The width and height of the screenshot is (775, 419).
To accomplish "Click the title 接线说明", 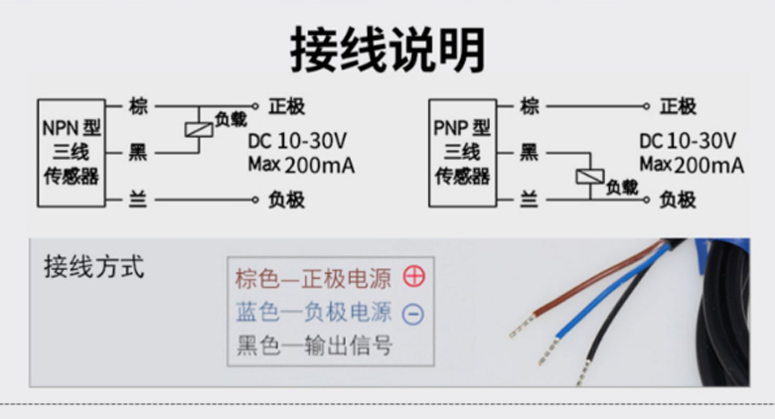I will (x=387, y=47).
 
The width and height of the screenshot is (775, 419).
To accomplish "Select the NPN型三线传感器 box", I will (x=71, y=152).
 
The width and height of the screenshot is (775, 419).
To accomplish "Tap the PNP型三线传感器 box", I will (x=462, y=152).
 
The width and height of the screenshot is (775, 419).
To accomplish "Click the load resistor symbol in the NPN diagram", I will (x=197, y=128).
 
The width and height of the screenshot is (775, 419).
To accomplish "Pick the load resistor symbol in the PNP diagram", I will (x=588, y=177).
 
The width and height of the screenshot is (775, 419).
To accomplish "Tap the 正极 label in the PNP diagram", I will (x=679, y=106).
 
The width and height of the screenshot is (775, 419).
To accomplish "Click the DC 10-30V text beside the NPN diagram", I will (x=297, y=139).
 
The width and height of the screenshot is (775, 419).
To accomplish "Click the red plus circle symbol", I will (x=413, y=277).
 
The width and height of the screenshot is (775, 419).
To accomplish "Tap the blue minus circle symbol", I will (x=413, y=314).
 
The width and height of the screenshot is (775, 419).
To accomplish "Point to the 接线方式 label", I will (x=94, y=266).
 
